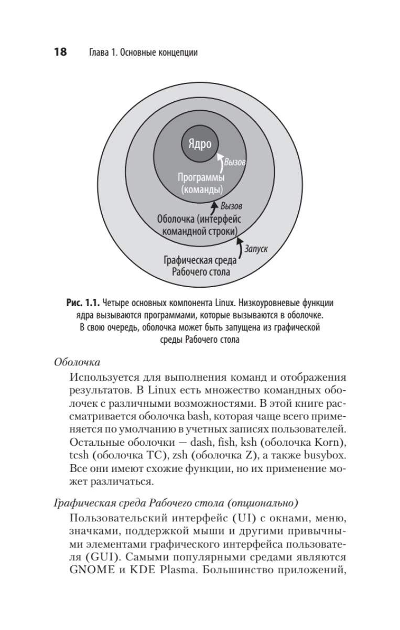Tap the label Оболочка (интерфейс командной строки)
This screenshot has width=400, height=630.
(x=199, y=225)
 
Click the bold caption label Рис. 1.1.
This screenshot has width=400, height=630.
(x=82, y=303)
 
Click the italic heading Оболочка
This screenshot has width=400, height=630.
(x=77, y=362)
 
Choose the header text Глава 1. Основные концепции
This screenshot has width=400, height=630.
(x=140, y=52)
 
